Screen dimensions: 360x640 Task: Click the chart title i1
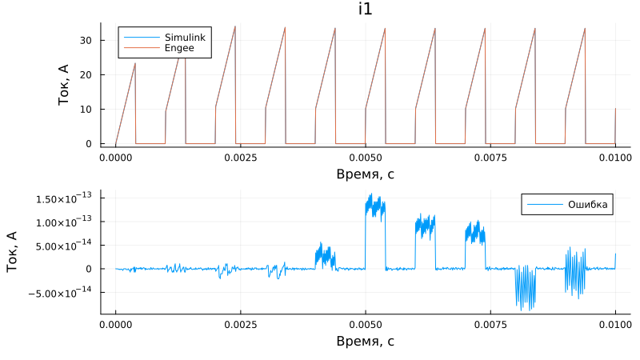pos(365,9)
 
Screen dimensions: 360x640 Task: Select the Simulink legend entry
pos(184,38)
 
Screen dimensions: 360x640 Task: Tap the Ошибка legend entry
pos(589,205)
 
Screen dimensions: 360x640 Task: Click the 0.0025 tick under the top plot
pos(240,158)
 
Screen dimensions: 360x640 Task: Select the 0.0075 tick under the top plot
pos(490,158)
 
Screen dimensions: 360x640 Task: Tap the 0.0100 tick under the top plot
pos(615,158)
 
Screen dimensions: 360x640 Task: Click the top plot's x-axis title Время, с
pos(365,174)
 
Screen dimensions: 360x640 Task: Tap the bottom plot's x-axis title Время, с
pos(365,342)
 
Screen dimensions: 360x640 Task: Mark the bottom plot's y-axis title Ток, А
pos(13,251)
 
